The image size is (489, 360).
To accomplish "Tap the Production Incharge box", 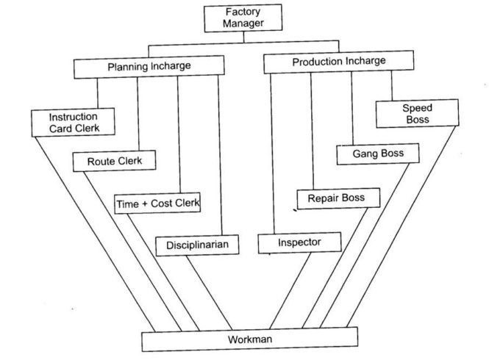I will (x=338, y=63).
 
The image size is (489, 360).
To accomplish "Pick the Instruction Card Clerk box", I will (x=73, y=122).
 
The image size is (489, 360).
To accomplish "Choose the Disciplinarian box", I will (x=197, y=245).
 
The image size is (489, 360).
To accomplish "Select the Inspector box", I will (x=299, y=242).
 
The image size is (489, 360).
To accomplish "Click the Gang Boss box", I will (x=379, y=155).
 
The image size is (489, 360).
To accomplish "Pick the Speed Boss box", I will (x=417, y=113).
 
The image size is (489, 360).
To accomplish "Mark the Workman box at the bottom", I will (x=250, y=340).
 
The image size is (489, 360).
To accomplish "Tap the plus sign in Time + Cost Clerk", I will (x=146, y=203).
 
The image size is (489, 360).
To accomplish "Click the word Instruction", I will (x=73, y=117).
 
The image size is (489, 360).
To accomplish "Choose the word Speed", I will (x=417, y=107).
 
